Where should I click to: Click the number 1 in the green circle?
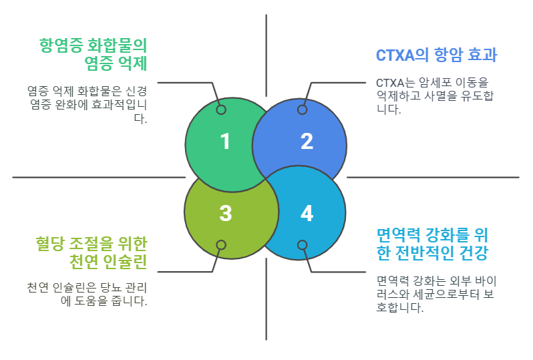(225, 142)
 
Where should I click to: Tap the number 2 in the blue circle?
(307, 142)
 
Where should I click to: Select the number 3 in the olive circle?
(225, 214)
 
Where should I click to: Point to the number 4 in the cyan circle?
(307, 214)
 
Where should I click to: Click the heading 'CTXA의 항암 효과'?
(436, 55)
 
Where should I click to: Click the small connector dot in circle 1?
(221, 110)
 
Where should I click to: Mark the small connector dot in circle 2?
(302, 110)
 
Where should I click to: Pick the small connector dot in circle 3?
(221, 245)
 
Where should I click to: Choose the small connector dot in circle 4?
(302, 245)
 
